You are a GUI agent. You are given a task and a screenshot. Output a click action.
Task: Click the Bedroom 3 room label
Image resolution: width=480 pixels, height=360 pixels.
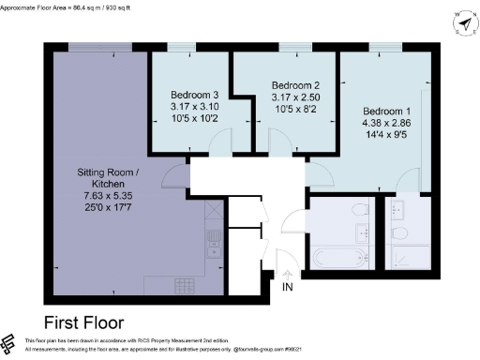point(194,95)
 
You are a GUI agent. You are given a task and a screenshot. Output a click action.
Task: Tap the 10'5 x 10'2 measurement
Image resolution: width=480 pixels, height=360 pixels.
point(195,119)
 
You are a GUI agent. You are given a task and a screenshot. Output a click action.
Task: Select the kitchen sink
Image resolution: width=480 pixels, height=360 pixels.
point(214,239)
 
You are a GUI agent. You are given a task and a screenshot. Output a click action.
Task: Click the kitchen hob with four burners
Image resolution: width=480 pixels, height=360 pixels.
point(184,284)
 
